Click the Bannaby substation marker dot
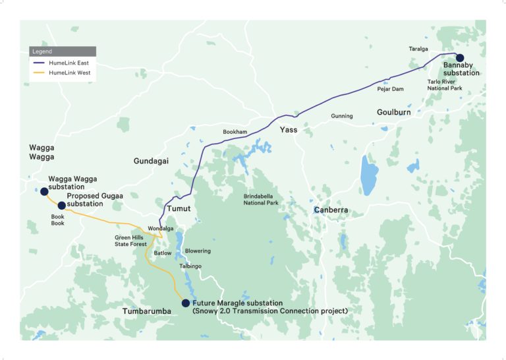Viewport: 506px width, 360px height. click(460, 58)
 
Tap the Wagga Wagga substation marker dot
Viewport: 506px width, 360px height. click(44, 191)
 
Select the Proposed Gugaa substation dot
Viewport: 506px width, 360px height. click(62, 206)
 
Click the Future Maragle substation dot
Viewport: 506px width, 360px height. click(186, 303)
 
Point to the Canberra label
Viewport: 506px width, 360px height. click(331, 210)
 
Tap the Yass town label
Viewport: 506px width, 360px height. click(288, 130)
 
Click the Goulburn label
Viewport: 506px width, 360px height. click(394, 113)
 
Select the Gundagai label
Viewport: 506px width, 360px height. click(152, 161)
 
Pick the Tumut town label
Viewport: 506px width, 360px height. click(178, 208)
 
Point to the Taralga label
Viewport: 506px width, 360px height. click(418, 49)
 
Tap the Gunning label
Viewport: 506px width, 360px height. click(342, 116)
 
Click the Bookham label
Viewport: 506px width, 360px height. click(235, 132)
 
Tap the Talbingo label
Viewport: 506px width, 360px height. click(190, 266)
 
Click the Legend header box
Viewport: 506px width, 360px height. click(63, 51)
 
